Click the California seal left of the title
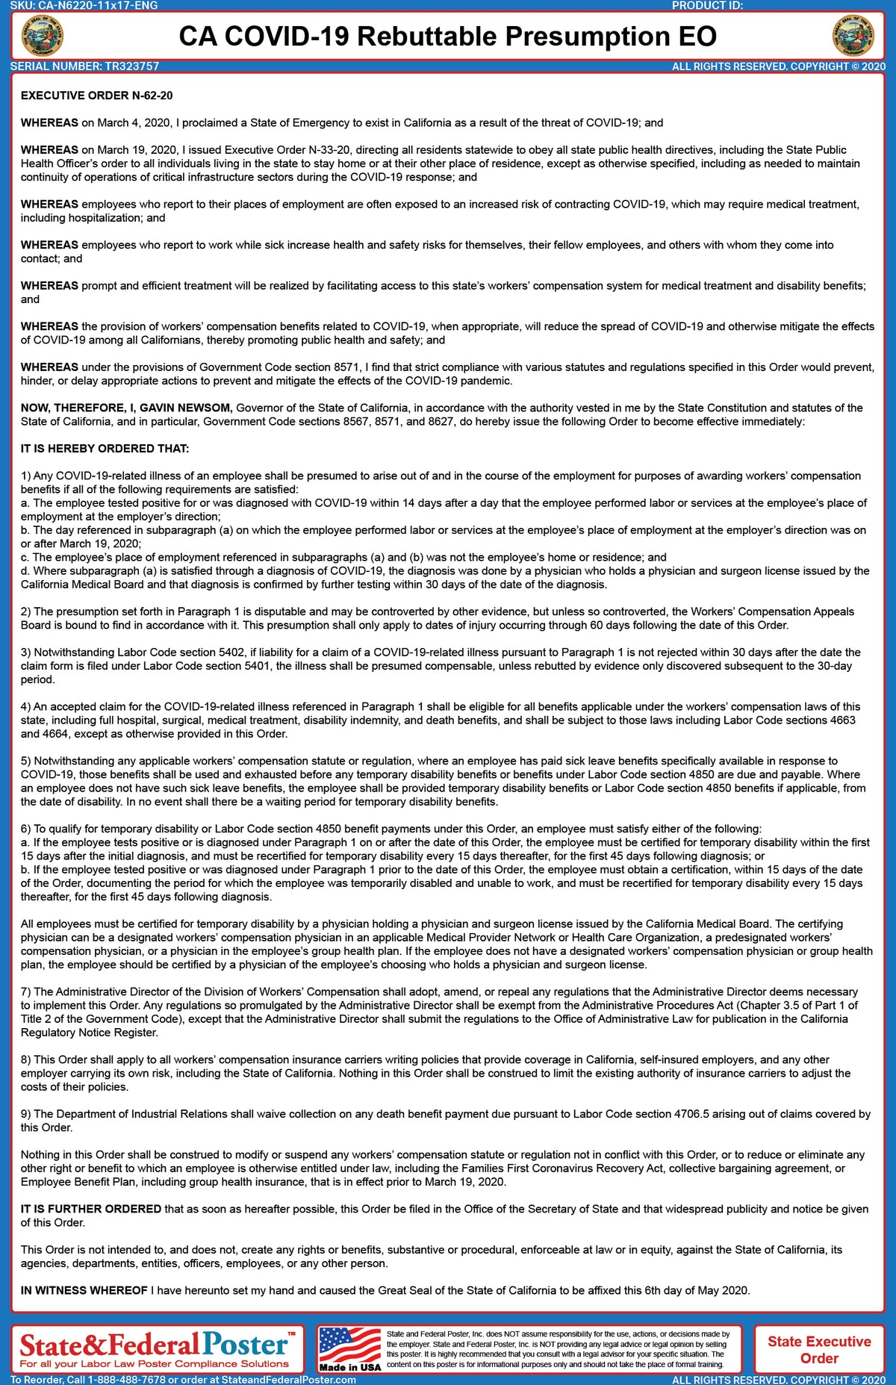(43, 36)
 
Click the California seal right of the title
(853, 36)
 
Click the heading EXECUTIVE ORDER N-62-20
(97, 96)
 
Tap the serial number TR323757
(132, 66)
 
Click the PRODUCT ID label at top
(707, 5)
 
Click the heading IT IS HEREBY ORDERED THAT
(105, 449)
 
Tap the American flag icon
(349, 1344)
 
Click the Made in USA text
(349, 1367)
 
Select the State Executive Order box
(819, 1349)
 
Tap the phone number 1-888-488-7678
(129, 1380)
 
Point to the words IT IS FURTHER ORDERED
(91, 1209)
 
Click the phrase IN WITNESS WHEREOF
(84, 1290)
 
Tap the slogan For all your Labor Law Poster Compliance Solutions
(154, 1364)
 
